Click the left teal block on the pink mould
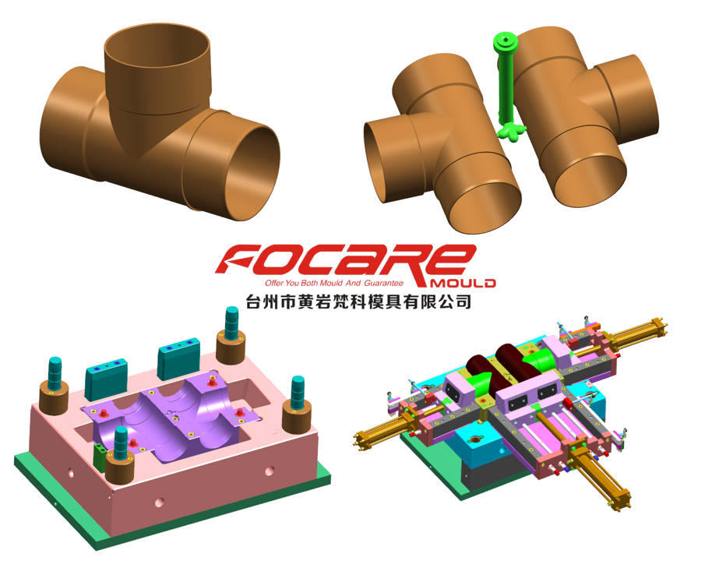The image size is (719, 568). click(104, 370)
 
